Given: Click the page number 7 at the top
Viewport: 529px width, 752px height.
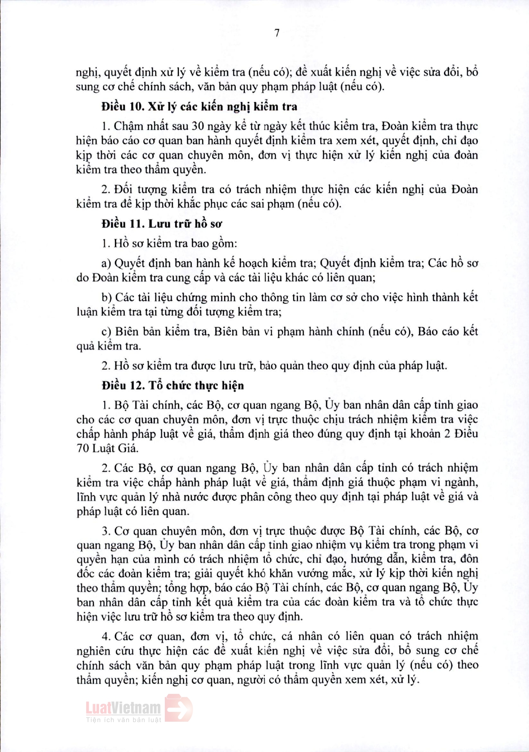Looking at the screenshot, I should (277, 33).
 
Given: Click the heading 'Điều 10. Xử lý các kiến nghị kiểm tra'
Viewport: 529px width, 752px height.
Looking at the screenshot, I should (199, 107).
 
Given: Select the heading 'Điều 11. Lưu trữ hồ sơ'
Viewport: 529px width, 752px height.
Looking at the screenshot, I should (162, 224).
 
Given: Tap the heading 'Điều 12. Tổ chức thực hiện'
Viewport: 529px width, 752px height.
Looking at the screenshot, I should (172, 386).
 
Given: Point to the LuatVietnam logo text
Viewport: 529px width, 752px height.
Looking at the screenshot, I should (123, 708).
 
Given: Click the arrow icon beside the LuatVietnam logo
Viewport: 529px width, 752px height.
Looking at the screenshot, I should (179, 708).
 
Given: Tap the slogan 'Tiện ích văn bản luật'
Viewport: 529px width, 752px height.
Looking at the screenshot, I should (124, 720).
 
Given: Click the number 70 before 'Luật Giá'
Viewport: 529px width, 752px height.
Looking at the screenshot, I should (83, 449).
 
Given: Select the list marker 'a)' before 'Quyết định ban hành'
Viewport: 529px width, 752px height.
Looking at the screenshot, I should (106, 263).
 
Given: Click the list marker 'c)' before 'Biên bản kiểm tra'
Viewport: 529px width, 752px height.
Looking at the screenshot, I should (106, 332).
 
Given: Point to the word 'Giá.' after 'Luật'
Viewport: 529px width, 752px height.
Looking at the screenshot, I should (127, 449).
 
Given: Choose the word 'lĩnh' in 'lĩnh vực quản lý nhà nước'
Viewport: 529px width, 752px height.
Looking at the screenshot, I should (86, 497).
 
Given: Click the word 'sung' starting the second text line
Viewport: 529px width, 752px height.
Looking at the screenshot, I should (87, 87).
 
